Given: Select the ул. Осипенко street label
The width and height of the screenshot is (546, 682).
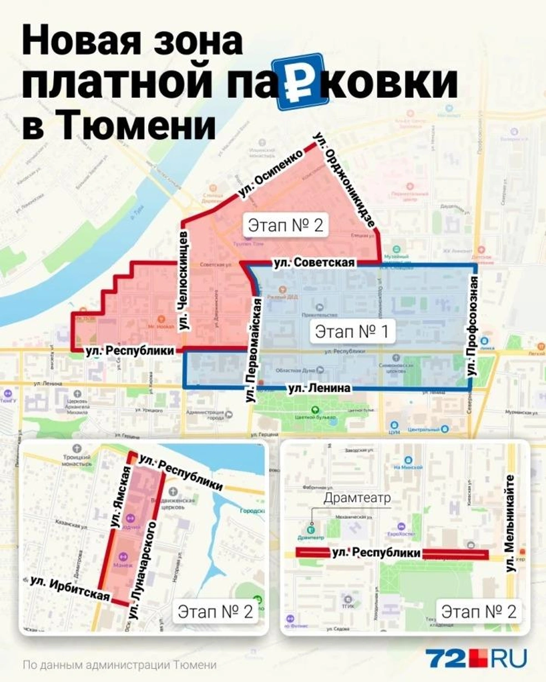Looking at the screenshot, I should [x=271, y=172].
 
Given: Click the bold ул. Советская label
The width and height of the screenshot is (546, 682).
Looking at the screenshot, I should [x=314, y=262].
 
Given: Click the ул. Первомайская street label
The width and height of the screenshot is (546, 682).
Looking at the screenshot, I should [x=254, y=349].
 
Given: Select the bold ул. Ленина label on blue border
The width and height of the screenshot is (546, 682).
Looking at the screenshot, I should [x=319, y=389].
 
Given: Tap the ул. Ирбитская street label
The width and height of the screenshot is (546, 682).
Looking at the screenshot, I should [x=70, y=588].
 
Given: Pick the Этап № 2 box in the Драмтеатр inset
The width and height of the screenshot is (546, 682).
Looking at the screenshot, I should [x=478, y=612].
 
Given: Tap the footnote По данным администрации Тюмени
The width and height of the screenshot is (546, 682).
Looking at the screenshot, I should [x=120, y=665].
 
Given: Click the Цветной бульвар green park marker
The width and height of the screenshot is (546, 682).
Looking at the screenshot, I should [x=315, y=410].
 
